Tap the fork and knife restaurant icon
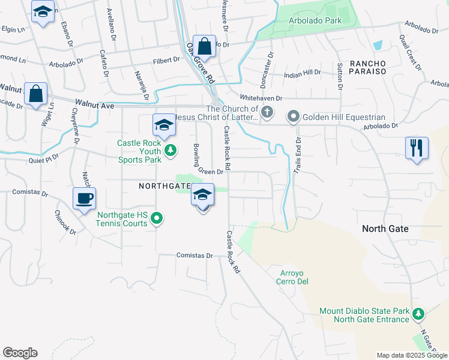pyautogui.click(x=417, y=148)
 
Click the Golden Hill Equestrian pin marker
pyautogui.click(x=293, y=116)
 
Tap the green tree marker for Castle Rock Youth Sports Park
pyautogui.click(x=170, y=150)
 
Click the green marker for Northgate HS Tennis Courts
pyautogui.click(x=157, y=218)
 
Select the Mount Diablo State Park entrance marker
pyautogui.click(x=418, y=314)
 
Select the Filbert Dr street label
pyautogui.click(x=166, y=60)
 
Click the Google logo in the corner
pyautogui.click(x=20, y=353)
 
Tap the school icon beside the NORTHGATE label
pyautogui.click(x=203, y=196)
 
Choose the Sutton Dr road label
pyautogui.click(x=340, y=74)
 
